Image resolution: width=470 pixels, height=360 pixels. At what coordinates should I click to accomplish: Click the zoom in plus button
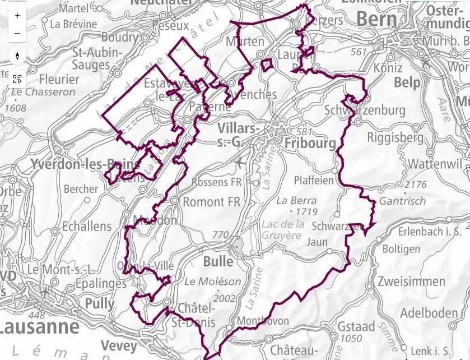point(18,15)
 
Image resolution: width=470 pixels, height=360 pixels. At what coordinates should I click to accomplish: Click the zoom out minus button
point(18,33)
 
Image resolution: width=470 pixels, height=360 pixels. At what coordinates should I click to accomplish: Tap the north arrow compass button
point(18,56)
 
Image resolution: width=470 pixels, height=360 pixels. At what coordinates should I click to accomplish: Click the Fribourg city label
point(310,143)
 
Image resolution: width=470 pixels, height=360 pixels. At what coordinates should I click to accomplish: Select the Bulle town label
point(218,261)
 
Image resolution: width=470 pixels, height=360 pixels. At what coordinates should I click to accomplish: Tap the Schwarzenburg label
point(365,110)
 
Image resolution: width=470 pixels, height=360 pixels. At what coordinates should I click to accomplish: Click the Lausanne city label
point(39,326)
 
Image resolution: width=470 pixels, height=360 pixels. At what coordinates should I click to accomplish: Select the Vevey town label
point(119,345)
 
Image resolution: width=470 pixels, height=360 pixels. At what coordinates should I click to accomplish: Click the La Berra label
point(296,200)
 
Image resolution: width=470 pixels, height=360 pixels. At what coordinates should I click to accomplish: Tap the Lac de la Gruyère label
point(283,230)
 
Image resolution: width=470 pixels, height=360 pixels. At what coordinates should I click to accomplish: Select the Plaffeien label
point(314,181)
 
